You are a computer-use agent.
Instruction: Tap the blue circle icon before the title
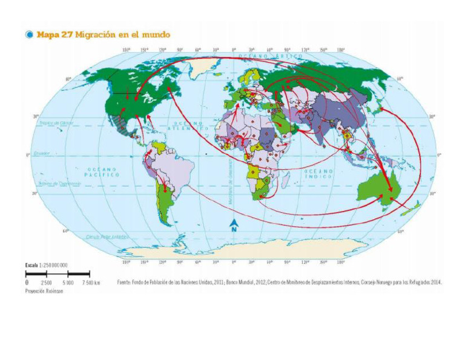click(28, 35)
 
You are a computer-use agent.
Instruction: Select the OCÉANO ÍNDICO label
click(320, 174)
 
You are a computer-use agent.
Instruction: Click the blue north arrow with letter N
click(233, 225)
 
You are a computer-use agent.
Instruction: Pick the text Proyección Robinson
click(44, 291)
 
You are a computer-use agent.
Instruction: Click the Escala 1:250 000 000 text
click(46, 265)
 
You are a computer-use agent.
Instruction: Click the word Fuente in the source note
click(124, 282)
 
